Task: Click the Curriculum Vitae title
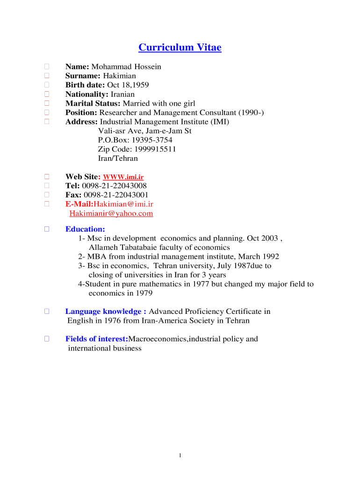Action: pyautogui.click(x=180, y=47)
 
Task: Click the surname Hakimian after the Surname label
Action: pyautogui.click(x=119, y=76)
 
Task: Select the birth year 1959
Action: pyautogui.click(x=141, y=85)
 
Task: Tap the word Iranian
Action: pyautogui.click(x=122, y=94)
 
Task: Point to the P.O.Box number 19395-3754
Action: pyautogui.click(x=152, y=140)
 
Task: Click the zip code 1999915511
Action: pyautogui.click(x=155, y=149)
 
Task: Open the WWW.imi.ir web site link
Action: pyautogui.click(x=123, y=177)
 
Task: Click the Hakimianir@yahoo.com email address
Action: pyautogui.click(x=111, y=214)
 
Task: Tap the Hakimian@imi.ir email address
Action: pyautogui.click(x=123, y=204)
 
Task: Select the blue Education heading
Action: pyautogui.click(x=85, y=229)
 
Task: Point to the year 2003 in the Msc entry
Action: pyautogui.click(x=269, y=238)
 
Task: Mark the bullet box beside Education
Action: pyautogui.click(x=47, y=229)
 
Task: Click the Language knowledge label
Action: pyautogui.click(x=106, y=312)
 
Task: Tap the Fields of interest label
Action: pyautogui.click(x=97, y=339)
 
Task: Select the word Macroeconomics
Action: pyautogui.click(x=158, y=339)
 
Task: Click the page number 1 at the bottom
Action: pyautogui.click(x=180, y=456)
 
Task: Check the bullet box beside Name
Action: pyautogui.click(x=47, y=66)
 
